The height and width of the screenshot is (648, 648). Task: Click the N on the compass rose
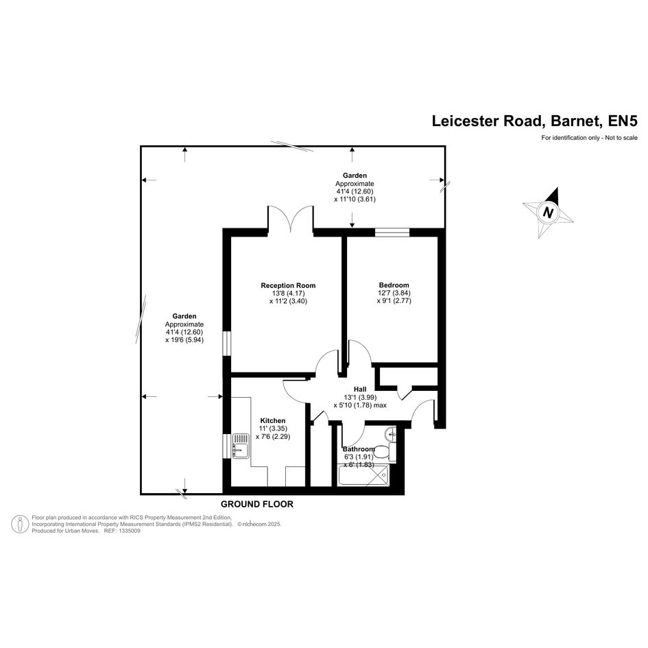tap(548, 213)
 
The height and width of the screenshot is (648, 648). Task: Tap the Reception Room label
tap(288, 285)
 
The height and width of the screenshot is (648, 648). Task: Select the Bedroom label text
tap(394, 285)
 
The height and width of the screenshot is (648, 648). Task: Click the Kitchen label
tap(273, 421)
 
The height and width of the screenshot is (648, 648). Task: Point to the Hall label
tap(360, 389)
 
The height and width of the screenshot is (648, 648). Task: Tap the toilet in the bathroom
tap(387, 452)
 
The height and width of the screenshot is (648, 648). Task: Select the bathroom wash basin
tap(390, 435)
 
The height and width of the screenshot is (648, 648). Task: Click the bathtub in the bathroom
tap(363, 475)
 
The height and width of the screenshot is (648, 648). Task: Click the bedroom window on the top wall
tap(392, 232)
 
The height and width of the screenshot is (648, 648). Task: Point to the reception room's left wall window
tap(227, 343)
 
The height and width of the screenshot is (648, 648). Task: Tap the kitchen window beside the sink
tap(227, 446)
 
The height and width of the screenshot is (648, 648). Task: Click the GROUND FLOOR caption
tap(257, 504)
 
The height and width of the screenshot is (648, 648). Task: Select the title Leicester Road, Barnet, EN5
tap(535, 121)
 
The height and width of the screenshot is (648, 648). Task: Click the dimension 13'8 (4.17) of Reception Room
tap(288, 293)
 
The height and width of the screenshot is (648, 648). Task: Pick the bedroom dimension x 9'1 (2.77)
tap(394, 301)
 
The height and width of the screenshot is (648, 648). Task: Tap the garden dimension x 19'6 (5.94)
tap(184, 340)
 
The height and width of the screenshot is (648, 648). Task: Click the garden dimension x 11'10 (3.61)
tap(355, 199)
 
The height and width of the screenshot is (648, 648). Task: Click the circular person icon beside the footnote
tap(20, 524)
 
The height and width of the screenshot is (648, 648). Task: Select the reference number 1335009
tap(129, 531)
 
